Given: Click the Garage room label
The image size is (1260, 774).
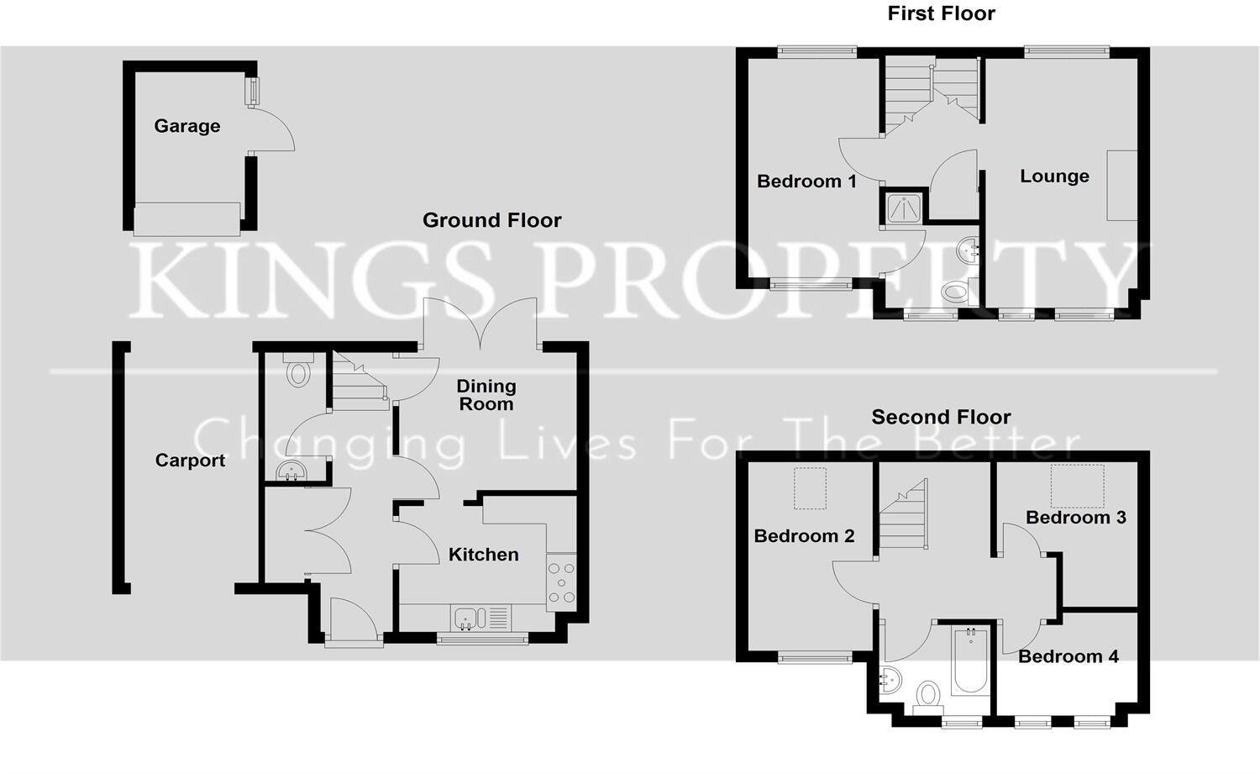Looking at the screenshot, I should [x=186, y=126].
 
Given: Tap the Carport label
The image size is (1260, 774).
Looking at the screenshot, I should [x=190, y=461].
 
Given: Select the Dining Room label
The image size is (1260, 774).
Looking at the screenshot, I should [x=486, y=395].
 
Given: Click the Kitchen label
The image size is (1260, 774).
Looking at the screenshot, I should [x=483, y=555].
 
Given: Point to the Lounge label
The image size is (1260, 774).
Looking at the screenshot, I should [x=1054, y=176].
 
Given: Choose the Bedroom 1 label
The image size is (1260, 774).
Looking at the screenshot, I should [x=806, y=182].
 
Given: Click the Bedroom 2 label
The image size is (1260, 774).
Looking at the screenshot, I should [x=804, y=536].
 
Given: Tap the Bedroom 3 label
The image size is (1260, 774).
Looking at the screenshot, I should [x=1075, y=518].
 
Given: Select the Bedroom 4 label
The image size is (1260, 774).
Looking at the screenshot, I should [x=1068, y=656].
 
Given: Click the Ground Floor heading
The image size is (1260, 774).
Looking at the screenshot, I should [x=491, y=220].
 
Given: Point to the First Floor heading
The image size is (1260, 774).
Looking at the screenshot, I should [x=941, y=13].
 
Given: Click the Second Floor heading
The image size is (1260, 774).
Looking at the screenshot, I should [x=941, y=417].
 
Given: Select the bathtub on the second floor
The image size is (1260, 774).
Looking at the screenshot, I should [x=970, y=661].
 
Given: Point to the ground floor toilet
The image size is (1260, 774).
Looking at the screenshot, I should [x=298, y=371].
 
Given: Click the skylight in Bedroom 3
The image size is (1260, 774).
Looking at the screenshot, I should [x=1077, y=486].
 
